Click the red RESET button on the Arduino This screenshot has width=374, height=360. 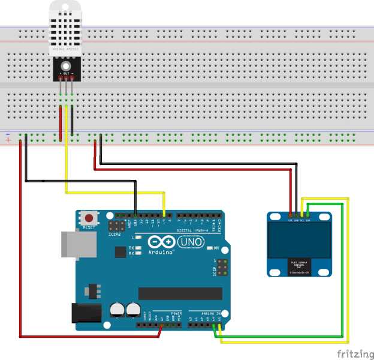(x=89, y=219)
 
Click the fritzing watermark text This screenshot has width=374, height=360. (x=353, y=352)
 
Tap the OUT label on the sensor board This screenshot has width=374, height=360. (x=66, y=73)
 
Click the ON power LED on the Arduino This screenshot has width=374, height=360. (x=209, y=248)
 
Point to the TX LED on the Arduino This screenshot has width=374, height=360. (x=138, y=247)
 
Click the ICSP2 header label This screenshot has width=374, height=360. (x=114, y=234)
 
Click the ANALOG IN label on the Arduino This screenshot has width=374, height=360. (x=207, y=313)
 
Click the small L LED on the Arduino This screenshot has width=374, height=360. (x=138, y=238)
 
